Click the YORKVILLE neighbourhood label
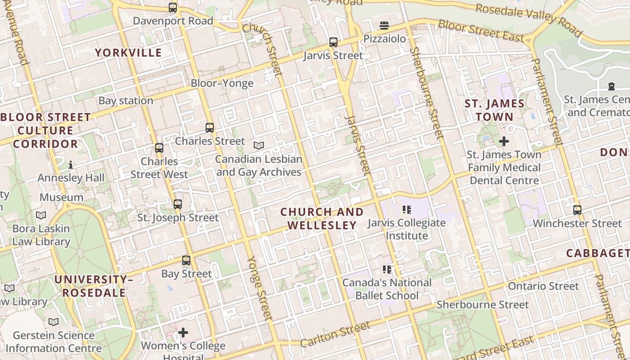point(128,53)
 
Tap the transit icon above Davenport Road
point(173,8)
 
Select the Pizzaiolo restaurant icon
point(384,26)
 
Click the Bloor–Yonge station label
point(222,83)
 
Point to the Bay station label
point(126,101)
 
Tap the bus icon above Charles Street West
point(159,148)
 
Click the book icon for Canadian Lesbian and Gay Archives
point(259,145)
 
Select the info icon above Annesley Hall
point(71,165)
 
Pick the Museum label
point(61,198)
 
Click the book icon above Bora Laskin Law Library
point(41,216)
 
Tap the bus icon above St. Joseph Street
point(178,204)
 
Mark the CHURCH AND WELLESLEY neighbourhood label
point(322,219)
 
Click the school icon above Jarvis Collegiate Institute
point(407,209)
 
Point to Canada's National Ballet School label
point(387,289)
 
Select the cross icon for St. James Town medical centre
point(504,141)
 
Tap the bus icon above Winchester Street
point(577,210)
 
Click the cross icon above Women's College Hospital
point(183,333)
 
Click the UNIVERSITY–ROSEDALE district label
point(94,286)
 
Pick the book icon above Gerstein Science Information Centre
point(54,322)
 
